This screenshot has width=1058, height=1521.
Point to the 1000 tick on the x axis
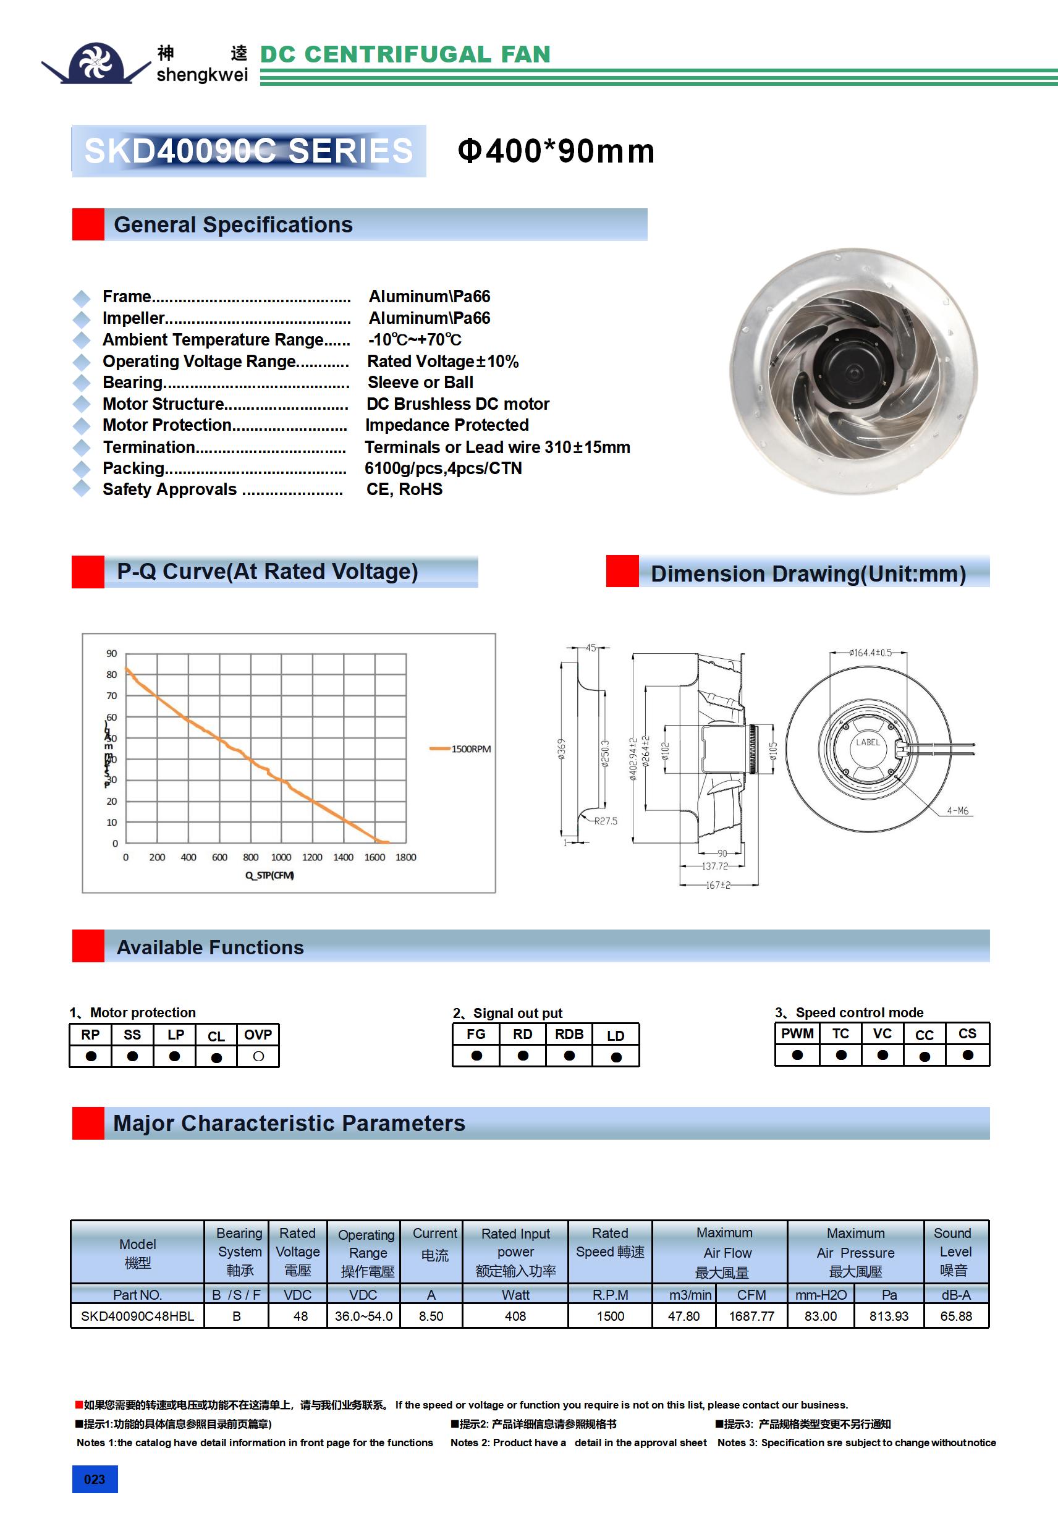tap(281, 857)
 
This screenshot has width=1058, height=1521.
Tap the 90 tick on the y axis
tap(111, 653)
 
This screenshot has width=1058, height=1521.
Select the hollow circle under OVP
tap(258, 1056)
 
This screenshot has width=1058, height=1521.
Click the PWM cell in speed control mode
tap(797, 1033)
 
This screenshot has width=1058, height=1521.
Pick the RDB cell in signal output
tap(569, 1034)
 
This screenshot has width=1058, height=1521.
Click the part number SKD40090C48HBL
tap(137, 1316)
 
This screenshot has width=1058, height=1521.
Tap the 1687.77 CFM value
tap(751, 1316)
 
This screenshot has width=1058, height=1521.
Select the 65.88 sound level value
tap(956, 1316)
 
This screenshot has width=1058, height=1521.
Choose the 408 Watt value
tap(515, 1316)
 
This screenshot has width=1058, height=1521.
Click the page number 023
tap(95, 1479)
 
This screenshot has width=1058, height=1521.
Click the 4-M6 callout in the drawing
tap(957, 810)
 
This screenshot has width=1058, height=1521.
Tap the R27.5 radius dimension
tap(606, 821)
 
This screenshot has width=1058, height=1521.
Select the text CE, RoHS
tap(404, 489)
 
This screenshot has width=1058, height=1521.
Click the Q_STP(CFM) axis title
tap(269, 875)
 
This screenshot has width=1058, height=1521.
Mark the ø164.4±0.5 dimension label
tap(870, 653)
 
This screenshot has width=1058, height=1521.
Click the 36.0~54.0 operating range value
tap(364, 1316)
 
